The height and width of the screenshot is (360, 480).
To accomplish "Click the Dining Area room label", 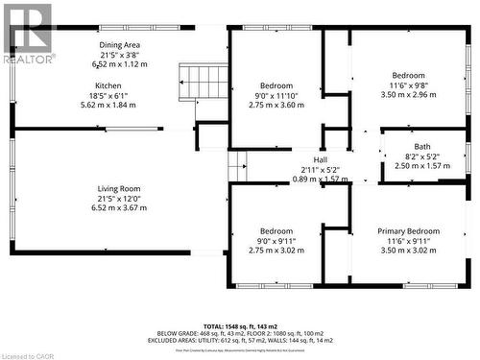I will pos(120,45).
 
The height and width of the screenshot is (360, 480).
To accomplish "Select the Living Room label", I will pos(120,188).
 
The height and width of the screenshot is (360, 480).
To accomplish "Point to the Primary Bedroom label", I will pos(409,231).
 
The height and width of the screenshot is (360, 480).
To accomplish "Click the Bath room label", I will pos(422,146).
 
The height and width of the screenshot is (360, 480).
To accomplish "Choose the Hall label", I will pos(321,160).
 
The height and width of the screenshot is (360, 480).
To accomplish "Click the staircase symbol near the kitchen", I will pos(204,81).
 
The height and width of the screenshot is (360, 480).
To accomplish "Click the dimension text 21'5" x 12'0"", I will pos(120,198).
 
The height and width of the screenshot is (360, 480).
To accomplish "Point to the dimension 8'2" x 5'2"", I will pos(422,156).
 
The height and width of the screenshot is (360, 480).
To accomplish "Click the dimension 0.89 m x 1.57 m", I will pos(321,180).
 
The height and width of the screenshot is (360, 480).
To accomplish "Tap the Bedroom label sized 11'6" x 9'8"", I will pos(409,75).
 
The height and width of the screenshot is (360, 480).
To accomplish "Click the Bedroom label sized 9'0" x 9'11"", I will pos(276,231).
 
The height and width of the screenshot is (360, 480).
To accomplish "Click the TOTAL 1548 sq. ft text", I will pos(239,327).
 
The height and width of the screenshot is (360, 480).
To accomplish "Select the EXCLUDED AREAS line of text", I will pos(239,341).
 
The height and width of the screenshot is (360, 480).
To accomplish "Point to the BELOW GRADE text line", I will pos(239,334).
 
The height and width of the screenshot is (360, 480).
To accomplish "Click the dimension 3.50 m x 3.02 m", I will pos(409,251).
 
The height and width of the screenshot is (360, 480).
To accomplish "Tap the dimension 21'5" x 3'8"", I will pos(120,55).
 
